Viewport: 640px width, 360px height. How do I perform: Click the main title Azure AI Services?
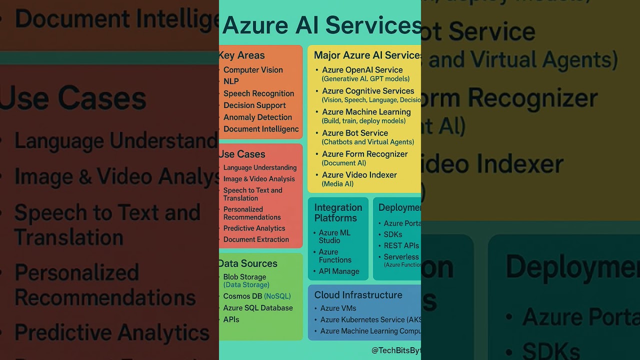pos(321,25)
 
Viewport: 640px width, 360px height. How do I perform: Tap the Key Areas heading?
pos(242,55)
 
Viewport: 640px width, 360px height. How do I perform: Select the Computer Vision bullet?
pos(253,70)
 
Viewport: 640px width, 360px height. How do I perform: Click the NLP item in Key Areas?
pos(231,81)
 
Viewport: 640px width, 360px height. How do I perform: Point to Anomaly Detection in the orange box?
pos(257,117)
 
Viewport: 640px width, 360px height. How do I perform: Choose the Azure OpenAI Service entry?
pos(362,70)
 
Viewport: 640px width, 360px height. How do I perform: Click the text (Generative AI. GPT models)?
pos(365,79)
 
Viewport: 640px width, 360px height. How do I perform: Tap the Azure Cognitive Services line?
pos(368,91)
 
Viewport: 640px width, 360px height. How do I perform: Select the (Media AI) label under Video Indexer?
pos(337,184)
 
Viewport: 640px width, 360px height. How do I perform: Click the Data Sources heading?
pos(248,263)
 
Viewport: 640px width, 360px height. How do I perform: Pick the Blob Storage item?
pos(244,277)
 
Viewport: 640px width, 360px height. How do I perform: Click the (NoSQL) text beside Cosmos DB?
pos(277,296)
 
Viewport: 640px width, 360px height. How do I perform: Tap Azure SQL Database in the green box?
pos(258,308)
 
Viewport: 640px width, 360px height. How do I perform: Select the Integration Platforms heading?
pos(338,213)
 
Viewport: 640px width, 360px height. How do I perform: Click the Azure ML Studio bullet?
pos(334,236)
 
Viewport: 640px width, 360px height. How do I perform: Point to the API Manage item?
pos(339,271)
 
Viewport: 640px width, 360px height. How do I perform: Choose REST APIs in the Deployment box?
pos(401,245)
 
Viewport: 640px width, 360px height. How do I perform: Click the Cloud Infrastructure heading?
pos(358,295)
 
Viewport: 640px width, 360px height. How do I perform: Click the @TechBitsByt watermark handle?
pos(396,350)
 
